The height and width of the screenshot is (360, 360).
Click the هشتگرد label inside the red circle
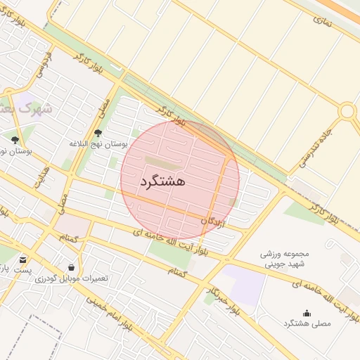(162, 181)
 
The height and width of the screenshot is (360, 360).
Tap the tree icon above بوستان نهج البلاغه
(98, 133)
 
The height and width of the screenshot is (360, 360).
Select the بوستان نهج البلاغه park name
(98, 144)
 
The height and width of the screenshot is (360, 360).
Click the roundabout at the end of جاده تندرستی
(347, 111)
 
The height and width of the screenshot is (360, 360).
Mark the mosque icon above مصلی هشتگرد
(306, 313)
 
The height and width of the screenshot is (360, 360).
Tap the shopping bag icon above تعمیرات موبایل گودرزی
(72, 267)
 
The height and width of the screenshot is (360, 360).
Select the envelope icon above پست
(23, 259)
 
